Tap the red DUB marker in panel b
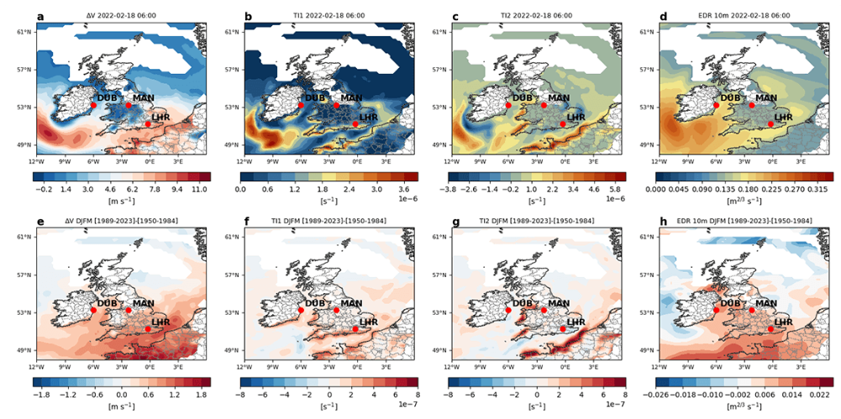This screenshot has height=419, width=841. pos(301,105)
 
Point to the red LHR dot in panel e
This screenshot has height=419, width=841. pos(148,329)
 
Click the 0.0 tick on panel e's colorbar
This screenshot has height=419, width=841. pos(122,393)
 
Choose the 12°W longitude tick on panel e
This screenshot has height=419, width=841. pos(35,366)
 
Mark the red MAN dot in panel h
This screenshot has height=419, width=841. pos(752,310)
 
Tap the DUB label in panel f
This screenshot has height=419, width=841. pos(315,303)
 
